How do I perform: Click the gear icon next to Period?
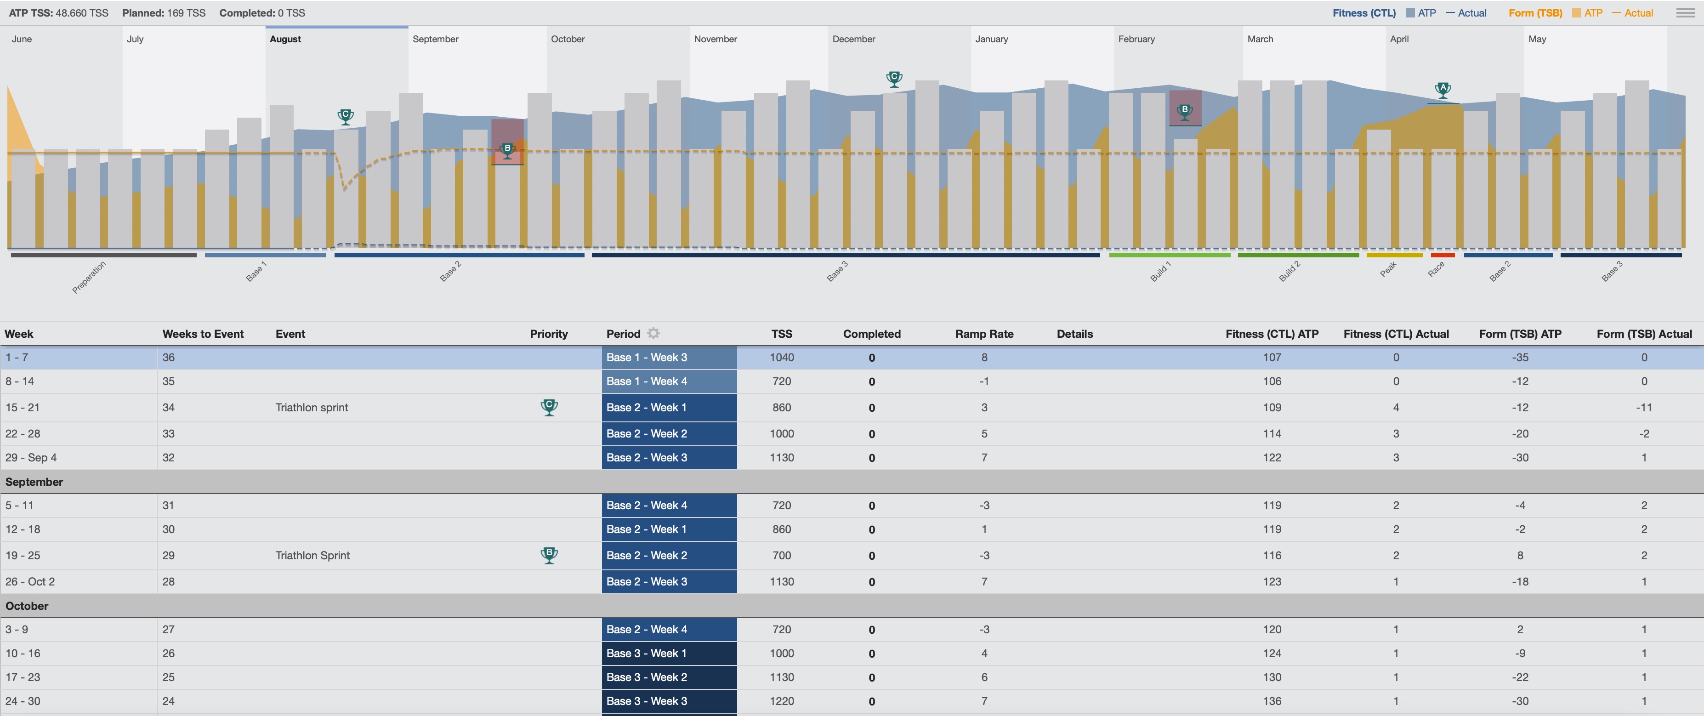pyautogui.click(x=653, y=334)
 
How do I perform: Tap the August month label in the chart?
pyautogui.click(x=285, y=39)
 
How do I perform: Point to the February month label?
pyautogui.click(x=1136, y=39)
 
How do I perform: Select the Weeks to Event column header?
pyautogui.click(x=203, y=334)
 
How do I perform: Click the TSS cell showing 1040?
pyautogui.click(x=781, y=358)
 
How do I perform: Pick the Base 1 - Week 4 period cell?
pyautogui.click(x=669, y=381)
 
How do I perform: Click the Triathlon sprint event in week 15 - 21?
pyautogui.click(x=312, y=408)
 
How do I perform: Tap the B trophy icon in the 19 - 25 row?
pyautogui.click(x=549, y=555)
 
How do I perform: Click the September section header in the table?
pyautogui.click(x=34, y=482)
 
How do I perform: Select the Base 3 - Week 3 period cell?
pyautogui.click(x=669, y=701)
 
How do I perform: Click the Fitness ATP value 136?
pyautogui.click(x=1272, y=701)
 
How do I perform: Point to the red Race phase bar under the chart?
pyautogui.click(x=1443, y=255)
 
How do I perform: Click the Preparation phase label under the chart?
pyautogui.click(x=89, y=277)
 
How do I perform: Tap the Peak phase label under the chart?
pyautogui.click(x=1388, y=269)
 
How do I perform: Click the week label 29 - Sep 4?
pyautogui.click(x=31, y=458)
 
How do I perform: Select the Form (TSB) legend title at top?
pyautogui.click(x=1535, y=13)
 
